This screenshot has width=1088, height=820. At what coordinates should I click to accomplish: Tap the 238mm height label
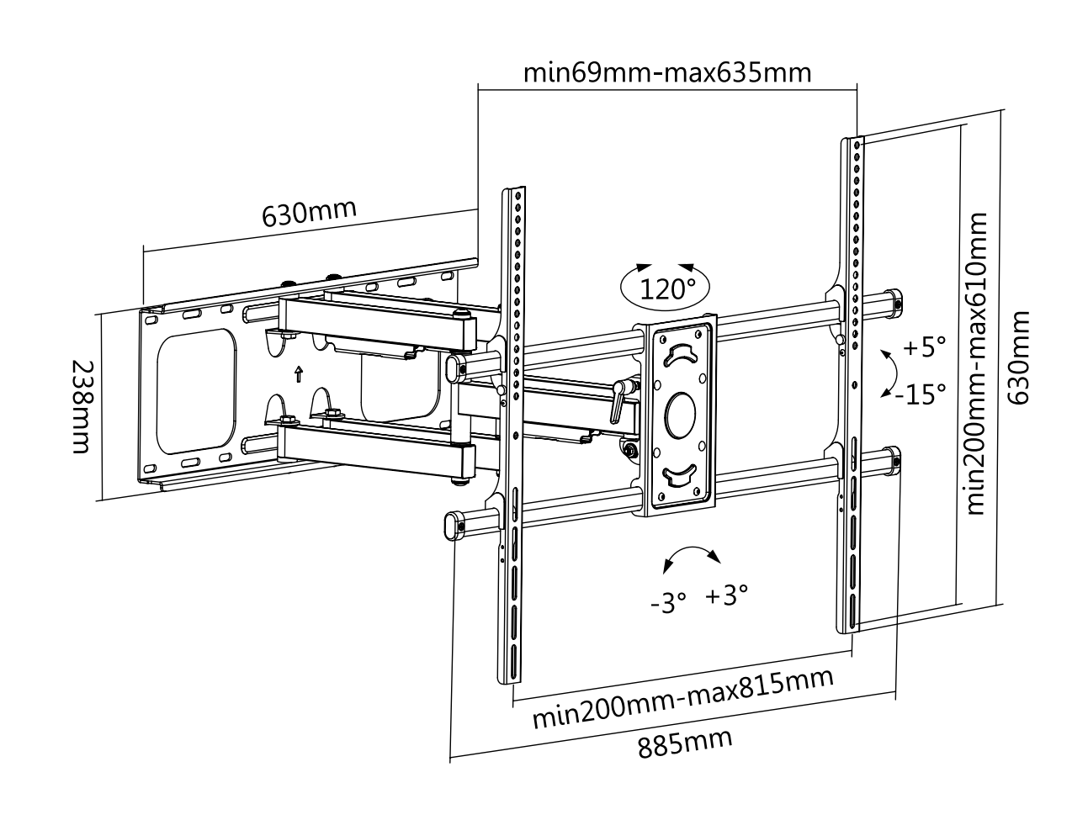click(x=80, y=407)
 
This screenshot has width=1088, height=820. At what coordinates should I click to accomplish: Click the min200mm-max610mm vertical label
click(x=977, y=362)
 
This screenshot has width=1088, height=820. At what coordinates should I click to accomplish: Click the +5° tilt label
click(x=924, y=346)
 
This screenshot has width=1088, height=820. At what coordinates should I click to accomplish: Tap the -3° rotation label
click(x=669, y=601)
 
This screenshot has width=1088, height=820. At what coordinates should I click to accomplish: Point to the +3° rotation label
click(x=726, y=596)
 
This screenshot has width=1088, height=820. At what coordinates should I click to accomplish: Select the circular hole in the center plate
click(x=680, y=413)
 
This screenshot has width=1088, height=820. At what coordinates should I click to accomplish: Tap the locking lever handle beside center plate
click(x=618, y=399)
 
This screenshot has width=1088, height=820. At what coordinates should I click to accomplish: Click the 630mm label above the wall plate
click(x=309, y=214)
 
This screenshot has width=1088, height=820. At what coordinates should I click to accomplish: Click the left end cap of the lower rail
click(x=452, y=523)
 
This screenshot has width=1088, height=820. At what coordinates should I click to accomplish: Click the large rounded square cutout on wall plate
click(x=196, y=390)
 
